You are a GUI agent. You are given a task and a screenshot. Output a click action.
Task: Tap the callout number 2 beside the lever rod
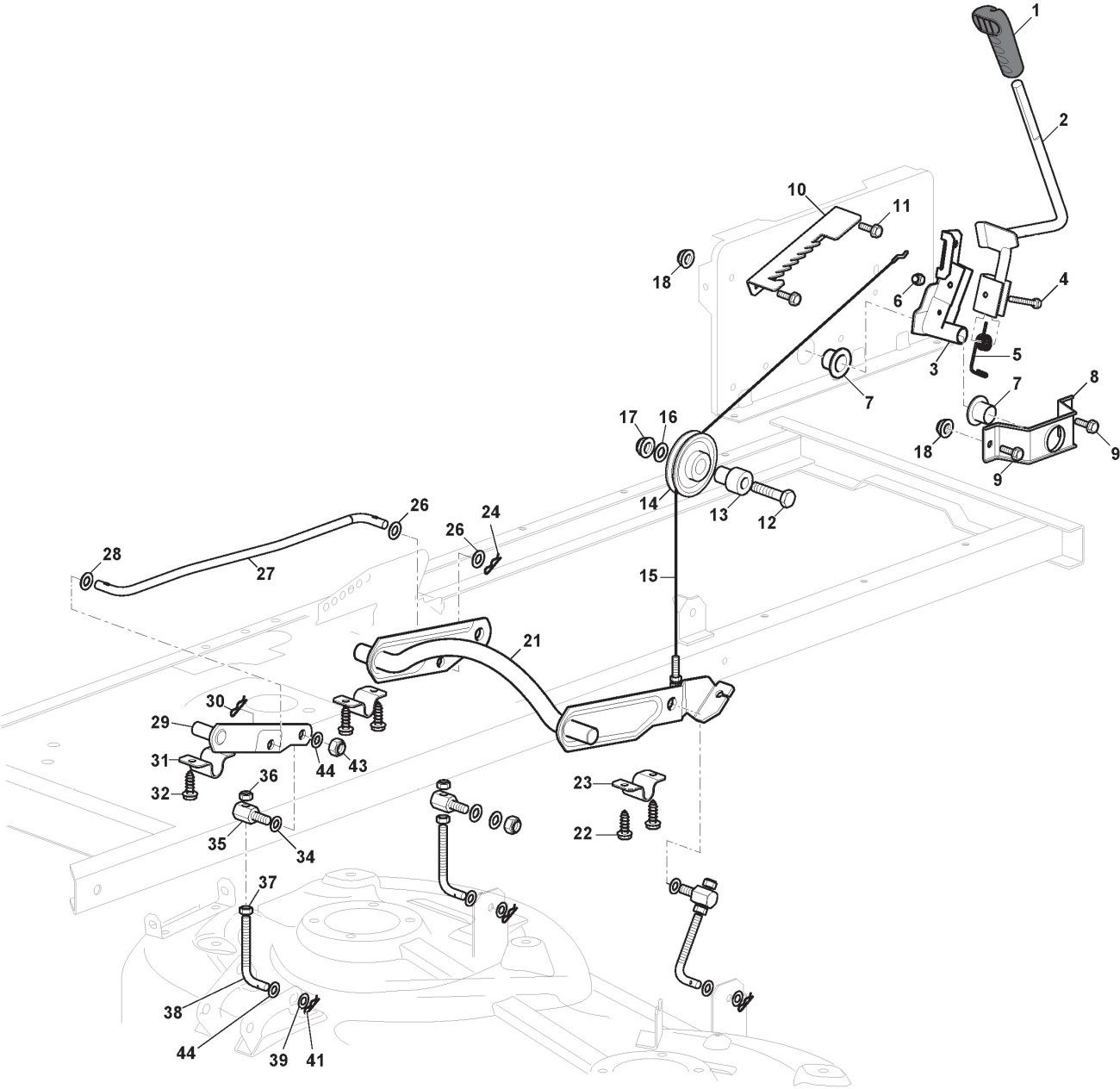coord(1063,121)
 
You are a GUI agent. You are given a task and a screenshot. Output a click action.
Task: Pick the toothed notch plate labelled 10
coord(797,250)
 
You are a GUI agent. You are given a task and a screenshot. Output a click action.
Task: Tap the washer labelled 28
coord(87,582)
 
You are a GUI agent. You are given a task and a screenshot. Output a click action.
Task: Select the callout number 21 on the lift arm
coord(532,641)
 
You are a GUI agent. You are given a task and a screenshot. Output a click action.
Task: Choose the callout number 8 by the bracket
coord(1094,376)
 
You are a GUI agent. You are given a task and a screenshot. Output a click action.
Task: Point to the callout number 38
coord(173,1013)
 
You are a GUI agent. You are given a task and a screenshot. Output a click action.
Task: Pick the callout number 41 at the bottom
coord(315,1061)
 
